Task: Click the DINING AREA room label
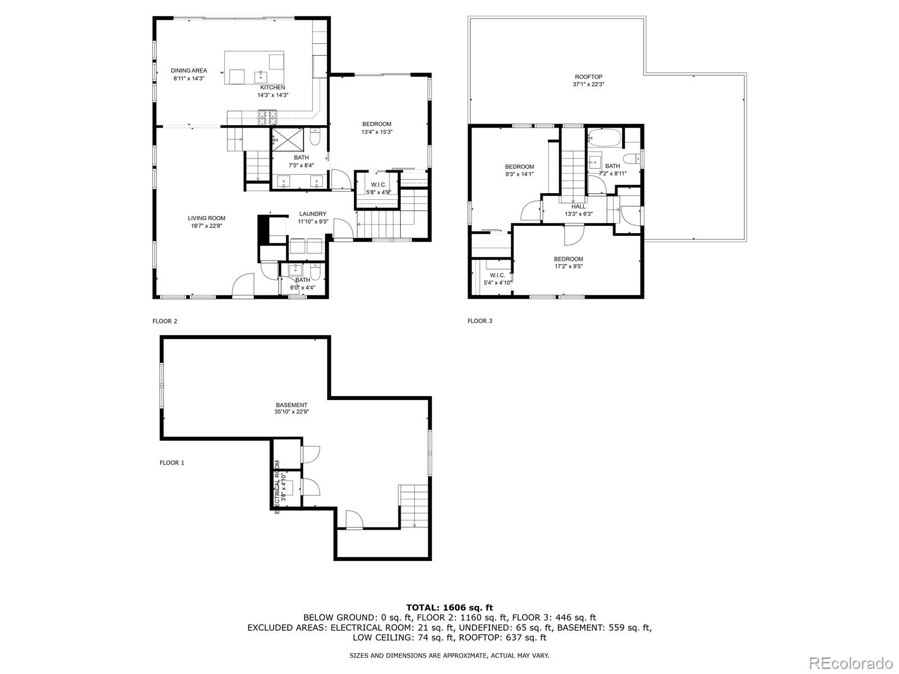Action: pos(189,71)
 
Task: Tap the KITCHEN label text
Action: pos(273,88)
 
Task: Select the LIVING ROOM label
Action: pos(206,218)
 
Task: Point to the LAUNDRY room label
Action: pos(312,214)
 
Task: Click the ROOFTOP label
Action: pos(588,77)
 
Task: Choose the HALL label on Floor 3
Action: pos(578,207)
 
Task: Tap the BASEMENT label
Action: pos(292,405)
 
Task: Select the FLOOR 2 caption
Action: pos(165,321)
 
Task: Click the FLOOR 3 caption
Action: pos(480,321)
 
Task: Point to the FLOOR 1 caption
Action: pos(172,463)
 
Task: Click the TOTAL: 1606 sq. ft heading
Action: pos(449,607)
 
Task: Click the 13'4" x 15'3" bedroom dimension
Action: pos(376,132)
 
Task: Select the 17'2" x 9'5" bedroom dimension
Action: pos(568,266)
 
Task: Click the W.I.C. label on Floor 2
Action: pos(378,185)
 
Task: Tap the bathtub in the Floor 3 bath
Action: pos(605,137)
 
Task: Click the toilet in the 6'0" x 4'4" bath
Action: pos(316,274)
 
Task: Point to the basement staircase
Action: pos(414,505)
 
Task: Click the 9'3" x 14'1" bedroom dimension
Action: pos(519,174)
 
